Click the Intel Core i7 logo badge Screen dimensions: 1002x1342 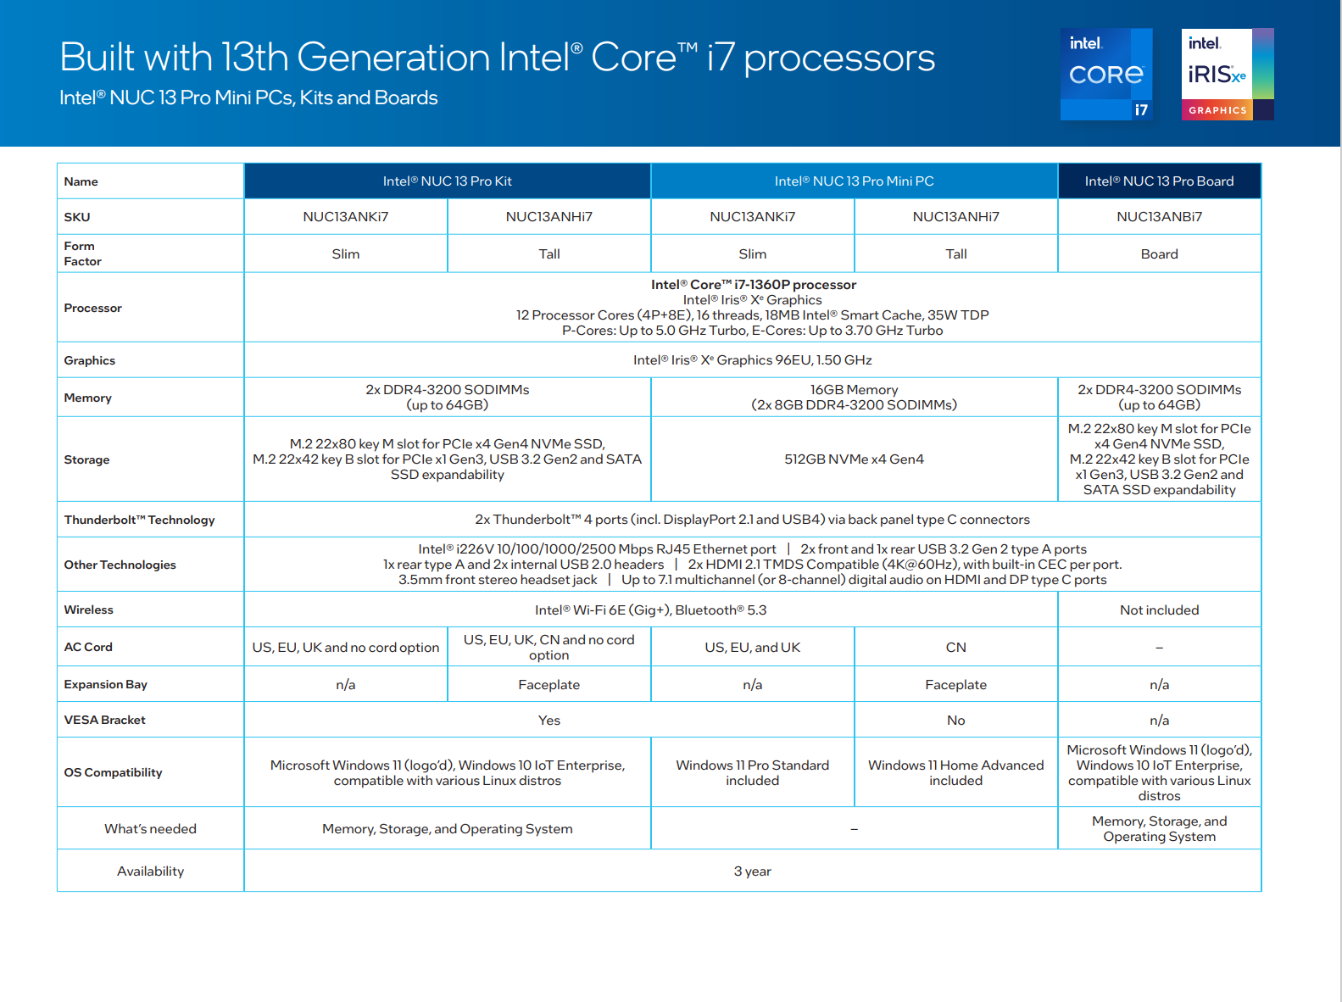pos(1106,75)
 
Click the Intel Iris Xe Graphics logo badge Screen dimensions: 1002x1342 pos(1227,75)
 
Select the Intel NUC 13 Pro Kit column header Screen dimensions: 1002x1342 pos(447,181)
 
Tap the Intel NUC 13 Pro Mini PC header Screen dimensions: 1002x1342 pos(854,181)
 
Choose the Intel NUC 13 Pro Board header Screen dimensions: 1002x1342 pos(1159,181)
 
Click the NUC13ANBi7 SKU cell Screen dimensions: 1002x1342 pos(1159,217)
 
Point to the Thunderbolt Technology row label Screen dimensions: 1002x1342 pos(139,520)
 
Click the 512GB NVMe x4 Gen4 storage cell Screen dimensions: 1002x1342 pos(854,459)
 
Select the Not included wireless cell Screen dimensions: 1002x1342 pos(1159,610)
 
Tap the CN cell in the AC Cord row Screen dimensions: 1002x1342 pos(955,648)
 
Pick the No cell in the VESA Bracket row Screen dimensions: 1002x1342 pos(955,721)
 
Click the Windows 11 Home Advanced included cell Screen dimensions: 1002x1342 pos(955,772)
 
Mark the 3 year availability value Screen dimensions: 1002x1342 pos(752,871)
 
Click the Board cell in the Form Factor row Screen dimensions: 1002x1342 pos(1159,254)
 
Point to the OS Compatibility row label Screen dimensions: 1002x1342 pos(113,772)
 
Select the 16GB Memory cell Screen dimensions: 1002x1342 pos(854,397)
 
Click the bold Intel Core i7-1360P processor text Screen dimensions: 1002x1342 pos(753,285)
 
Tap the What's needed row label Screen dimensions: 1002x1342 pos(150,829)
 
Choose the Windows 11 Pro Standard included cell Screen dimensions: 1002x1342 pos(752,772)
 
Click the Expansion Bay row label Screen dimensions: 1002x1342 pos(105,684)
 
